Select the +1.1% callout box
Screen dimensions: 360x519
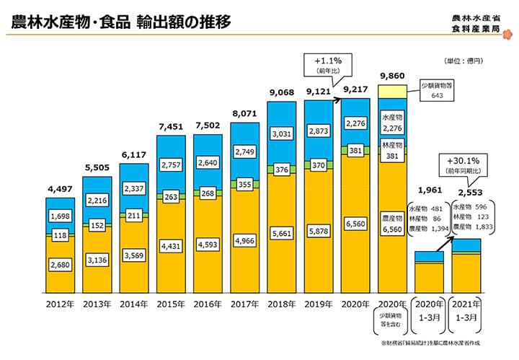(321, 66)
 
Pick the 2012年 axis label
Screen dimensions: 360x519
(62, 304)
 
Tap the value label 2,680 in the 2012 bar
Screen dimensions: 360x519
(62, 265)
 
